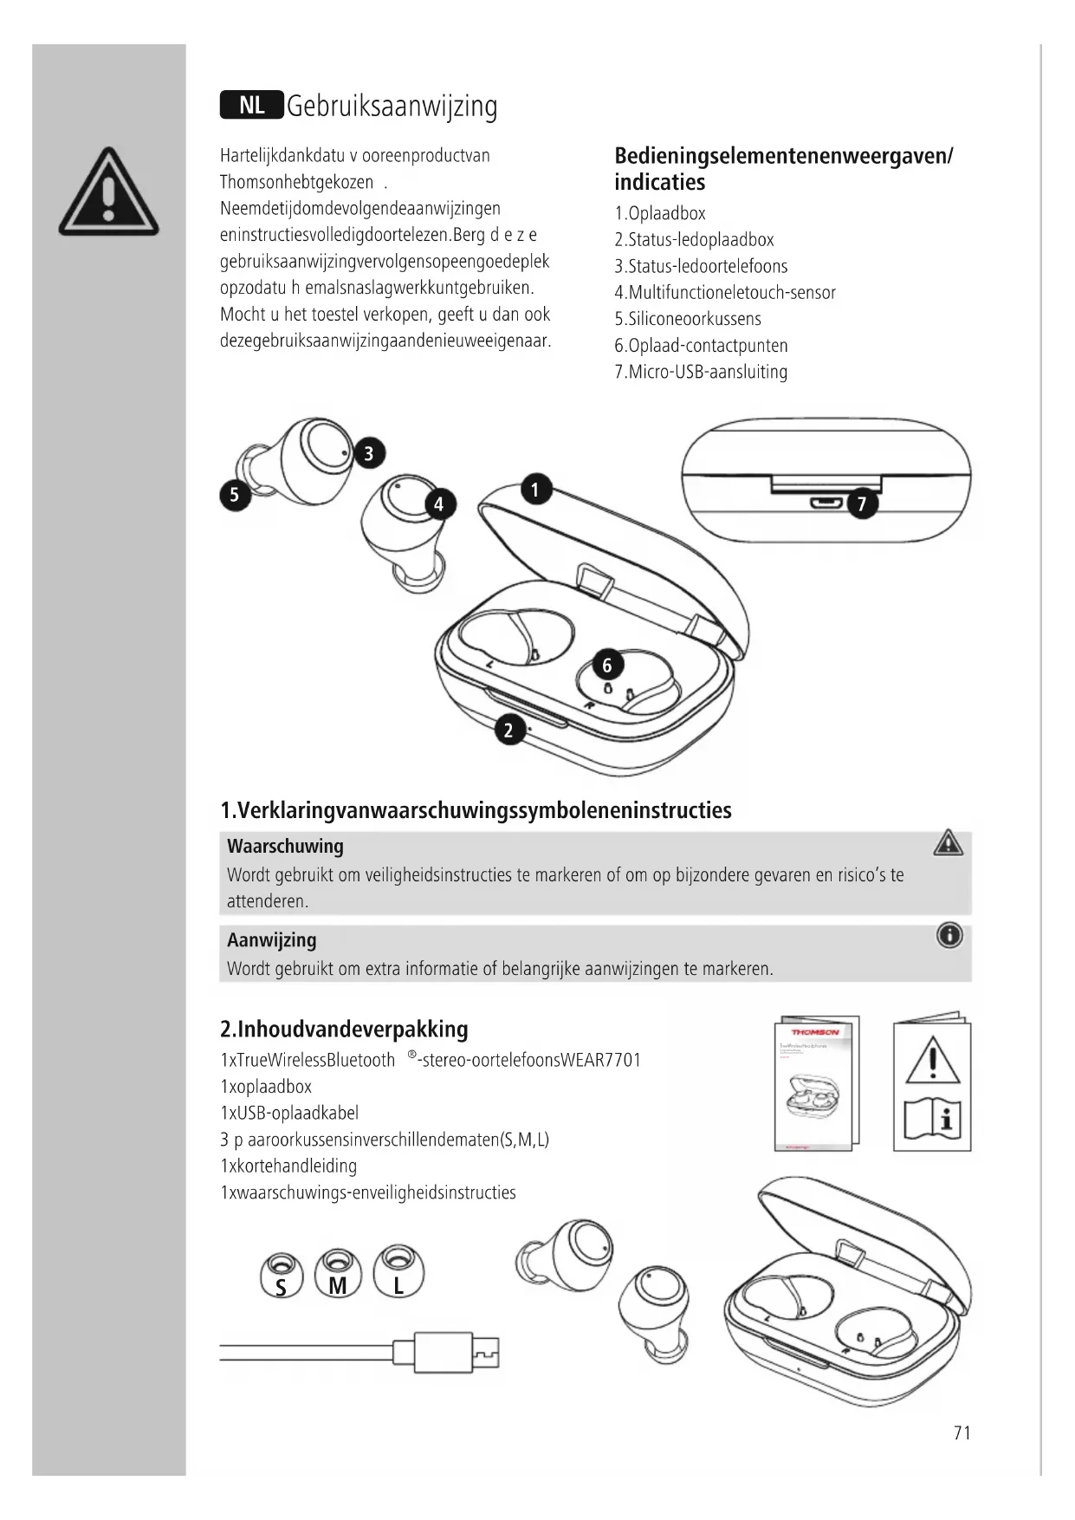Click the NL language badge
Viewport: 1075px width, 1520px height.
pyautogui.click(x=251, y=106)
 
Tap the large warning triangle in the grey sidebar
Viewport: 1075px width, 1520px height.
pyautogui.click(x=108, y=194)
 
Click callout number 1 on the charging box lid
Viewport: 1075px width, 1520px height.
pyautogui.click(x=535, y=490)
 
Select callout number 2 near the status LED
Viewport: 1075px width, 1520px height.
pyautogui.click(x=509, y=730)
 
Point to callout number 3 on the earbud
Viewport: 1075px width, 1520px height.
pyautogui.click(x=368, y=453)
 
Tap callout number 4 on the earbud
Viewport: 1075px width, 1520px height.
pyautogui.click(x=439, y=504)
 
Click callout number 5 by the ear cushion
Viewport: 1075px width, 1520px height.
pyautogui.click(x=234, y=495)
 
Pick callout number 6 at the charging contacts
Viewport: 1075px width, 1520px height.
pyautogui.click(x=607, y=665)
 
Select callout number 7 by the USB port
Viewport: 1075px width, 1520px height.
pyautogui.click(x=862, y=504)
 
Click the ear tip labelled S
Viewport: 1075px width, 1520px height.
pyautogui.click(x=281, y=1275)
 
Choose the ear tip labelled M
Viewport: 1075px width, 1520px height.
pyautogui.click(x=338, y=1274)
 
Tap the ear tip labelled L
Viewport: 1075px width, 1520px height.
pyautogui.click(x=398, y=1273)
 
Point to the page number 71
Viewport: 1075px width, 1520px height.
pyautogui.click(x=962, y=1433)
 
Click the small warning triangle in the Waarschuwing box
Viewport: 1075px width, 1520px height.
pyautogui.click(x=949, y=842)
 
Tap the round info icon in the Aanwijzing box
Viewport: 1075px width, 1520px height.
pyautogui.click(x=949, y=936)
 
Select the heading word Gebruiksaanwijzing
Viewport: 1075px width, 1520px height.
pyautogui.click(x=392, y=107)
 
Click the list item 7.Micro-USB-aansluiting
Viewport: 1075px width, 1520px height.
pyautogui.click(x=701, y=372)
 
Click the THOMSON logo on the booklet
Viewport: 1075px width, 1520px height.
pyautogui.click(x=814, y=1032)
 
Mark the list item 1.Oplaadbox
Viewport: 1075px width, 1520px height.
pyautogui.click(x=660, y=213)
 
